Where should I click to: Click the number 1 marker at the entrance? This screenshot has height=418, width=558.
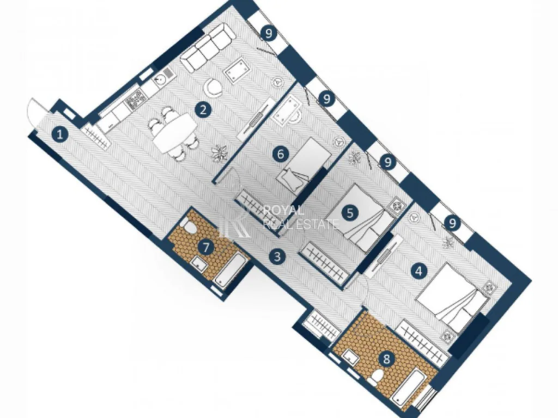click(x=60, y=135)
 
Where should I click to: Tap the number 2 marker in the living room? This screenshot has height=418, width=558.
click(x=203, y=109)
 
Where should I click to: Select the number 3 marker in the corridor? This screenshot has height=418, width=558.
click(x=277, y=256)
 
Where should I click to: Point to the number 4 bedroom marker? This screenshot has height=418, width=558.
click(x=419, y=271)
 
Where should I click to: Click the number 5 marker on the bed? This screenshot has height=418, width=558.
click(x=350, y=213)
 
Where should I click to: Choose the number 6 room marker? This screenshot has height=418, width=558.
click(x=281, y=154)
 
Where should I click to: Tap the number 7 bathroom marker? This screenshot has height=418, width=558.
click(x=207, y=247)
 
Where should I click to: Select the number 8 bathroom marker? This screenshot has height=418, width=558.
click(x=386, y=359)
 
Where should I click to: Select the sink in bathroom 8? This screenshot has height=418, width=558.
click(x=351, y=356)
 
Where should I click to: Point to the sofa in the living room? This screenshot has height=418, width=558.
click(x=208, y=48)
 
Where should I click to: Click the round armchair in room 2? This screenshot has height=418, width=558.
click(x=213, y=88)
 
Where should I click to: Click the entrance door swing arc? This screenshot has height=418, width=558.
click(x=33, y=113)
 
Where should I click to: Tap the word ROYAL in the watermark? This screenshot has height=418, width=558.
click(x=283, y=211)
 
